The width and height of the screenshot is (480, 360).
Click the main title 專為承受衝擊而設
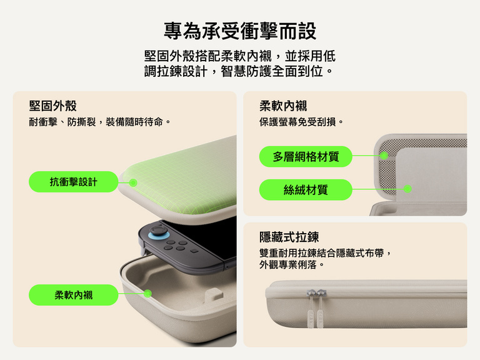[240, 31]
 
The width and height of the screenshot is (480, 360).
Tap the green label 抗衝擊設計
[74, 182]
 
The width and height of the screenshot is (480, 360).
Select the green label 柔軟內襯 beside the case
[74, 295]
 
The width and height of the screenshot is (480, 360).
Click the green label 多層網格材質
[306, 156]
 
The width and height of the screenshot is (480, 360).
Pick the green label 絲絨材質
[306, 189]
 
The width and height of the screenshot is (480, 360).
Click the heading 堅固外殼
[53, 106]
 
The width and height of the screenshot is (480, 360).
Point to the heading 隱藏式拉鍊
[289, 237]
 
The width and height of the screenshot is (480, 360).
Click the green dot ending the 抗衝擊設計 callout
[133, 182]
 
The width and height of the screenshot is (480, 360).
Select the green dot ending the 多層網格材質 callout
[384, 156]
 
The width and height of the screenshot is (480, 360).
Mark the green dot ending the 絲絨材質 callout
[407, 188]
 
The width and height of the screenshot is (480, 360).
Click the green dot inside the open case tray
[147, 293]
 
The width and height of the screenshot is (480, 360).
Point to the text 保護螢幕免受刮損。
[302, 122]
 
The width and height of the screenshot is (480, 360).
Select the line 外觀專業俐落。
[292, 264]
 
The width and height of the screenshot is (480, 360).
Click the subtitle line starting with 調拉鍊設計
[240, 71]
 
